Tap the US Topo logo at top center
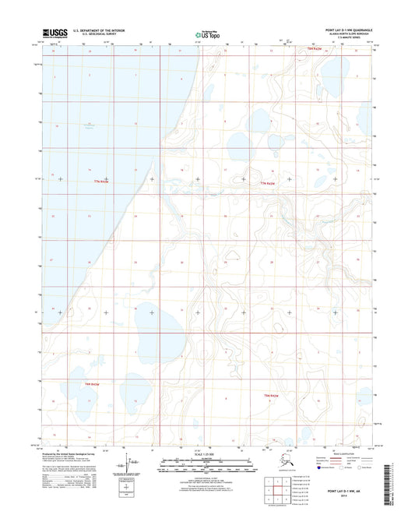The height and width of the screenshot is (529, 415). (x=206, y=34)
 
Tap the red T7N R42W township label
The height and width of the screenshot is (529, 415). (x=269, y=183)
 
